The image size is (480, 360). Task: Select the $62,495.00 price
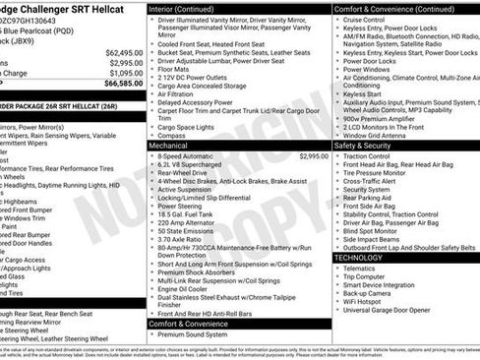click(124, 52)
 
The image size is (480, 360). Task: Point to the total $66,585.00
click(124, 84)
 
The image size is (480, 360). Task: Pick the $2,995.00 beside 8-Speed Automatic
click(314, 155)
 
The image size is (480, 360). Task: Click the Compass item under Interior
click(172, 135)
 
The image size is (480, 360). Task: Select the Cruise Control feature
click(365, 19)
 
